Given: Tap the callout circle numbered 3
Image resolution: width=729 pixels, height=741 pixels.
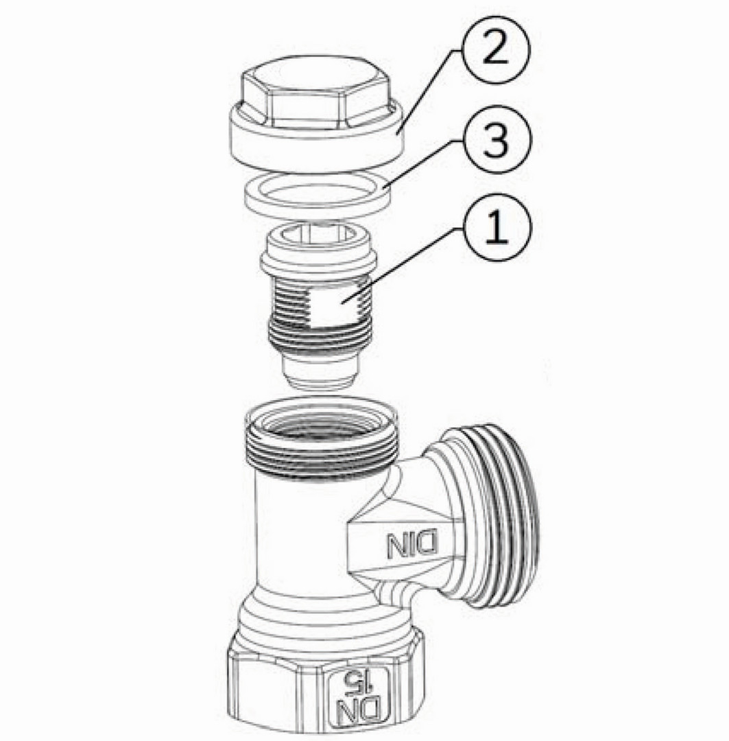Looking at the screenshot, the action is [496, 141].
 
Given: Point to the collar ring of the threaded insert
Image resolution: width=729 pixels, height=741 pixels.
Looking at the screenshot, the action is [319, 265].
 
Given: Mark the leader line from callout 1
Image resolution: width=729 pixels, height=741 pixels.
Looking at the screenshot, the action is [403, 265].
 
